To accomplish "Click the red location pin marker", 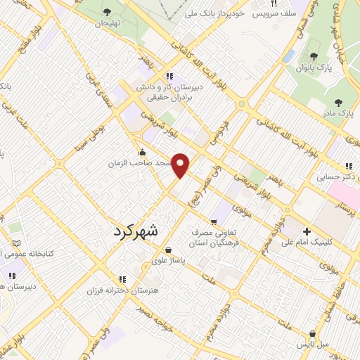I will [x=181, y=165].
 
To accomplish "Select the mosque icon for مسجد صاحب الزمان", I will [x=143, y=153].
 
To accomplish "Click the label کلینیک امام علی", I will [x=307, y=243].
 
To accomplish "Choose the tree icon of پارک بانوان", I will [x=314, y=56].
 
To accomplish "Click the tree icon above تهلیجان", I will [x=107, y=11].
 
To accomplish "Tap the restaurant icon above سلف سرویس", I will [x=274, y=4].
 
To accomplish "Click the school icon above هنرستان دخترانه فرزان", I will [x=123, y=279].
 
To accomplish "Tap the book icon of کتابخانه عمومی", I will [x=16, y=243].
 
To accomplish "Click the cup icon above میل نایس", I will [x=312, y=334].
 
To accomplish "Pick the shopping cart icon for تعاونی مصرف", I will [x=214, y=221].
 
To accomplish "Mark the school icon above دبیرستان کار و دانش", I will [x=169, y=76].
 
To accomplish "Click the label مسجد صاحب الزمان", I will [x=139, y=163].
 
